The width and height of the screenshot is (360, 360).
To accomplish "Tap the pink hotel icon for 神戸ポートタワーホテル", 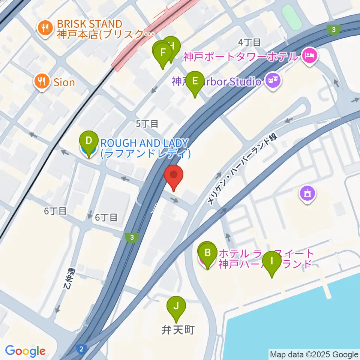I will pos(310,57).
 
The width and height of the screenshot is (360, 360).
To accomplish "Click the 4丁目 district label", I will pos(249,42).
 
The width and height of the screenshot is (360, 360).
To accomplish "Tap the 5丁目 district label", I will pos(147,123).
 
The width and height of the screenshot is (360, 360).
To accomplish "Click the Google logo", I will pos(25,351).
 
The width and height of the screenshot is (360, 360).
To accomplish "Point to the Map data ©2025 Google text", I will pos(314,354).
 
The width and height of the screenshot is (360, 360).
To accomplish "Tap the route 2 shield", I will pos(81,349).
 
